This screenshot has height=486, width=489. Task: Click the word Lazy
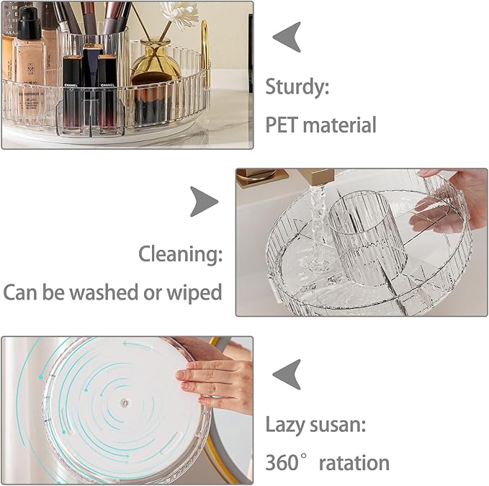(286, 424)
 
